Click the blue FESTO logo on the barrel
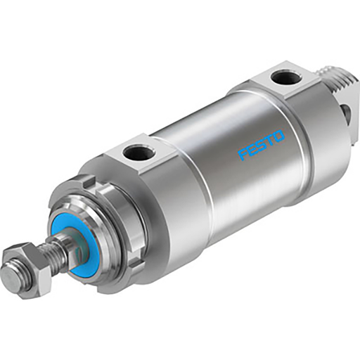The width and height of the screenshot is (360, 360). pyautogui.click(x=262, y=144)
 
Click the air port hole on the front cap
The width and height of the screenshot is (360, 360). pyautogui.click(x=133, y=150)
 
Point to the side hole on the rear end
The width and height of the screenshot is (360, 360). pyautogui.click(x=345, y=111)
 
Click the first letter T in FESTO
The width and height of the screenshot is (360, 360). pyautogui.click(x=269, y=139)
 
